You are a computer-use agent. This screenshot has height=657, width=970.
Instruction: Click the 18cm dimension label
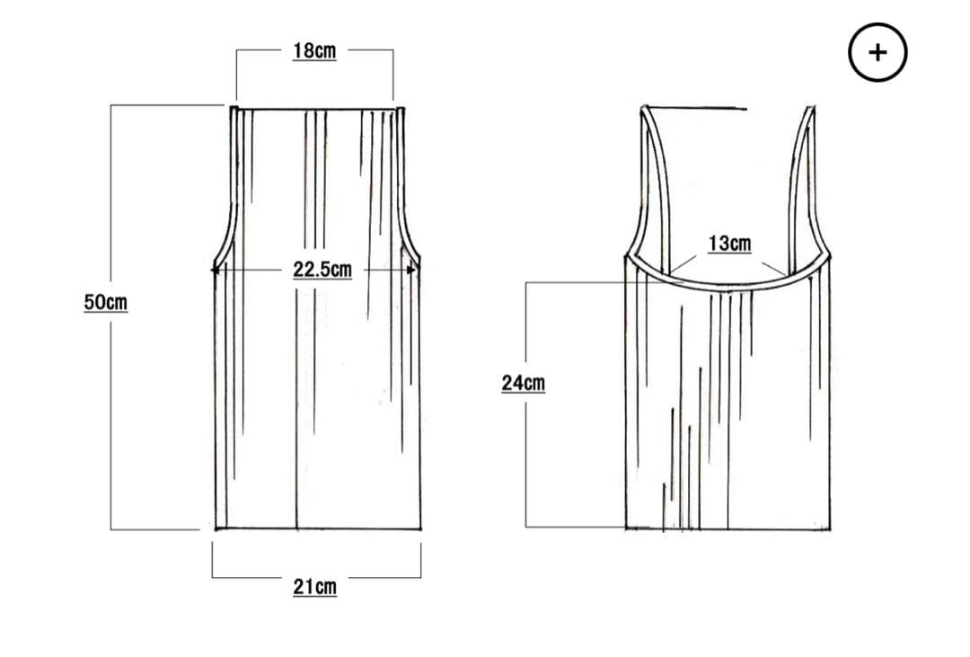pyautogui.click(x=314, y=51)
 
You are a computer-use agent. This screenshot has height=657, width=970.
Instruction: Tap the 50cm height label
pyautogui.click(x=106, y=303)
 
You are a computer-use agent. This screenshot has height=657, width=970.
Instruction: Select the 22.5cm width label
pyautogui.click(x=322, y=270)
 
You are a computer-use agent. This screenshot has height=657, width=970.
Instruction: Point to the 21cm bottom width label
pyautogui.click(x=315, y=587)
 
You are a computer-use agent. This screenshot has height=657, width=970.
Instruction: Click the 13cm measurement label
pyautogui.click(x=729, y=244)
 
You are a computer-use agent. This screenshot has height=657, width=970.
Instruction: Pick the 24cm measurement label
pyautogui.click(x=524, y=383)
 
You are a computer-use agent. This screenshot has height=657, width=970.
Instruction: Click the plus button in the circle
pyautogui.click(x=877, y=53)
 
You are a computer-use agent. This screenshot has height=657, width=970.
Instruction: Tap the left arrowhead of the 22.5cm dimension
pyautogui.click(x=216, y=271)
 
